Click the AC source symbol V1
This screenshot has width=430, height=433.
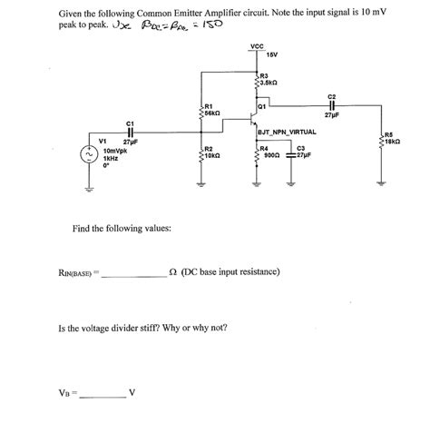[x=88, y=155]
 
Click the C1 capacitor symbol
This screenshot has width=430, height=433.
[x=130, y=132]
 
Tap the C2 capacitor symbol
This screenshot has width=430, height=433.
[x=331, y=103]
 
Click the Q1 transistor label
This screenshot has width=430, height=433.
[x=262, y=105]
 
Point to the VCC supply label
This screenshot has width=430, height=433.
[x=255, y=46]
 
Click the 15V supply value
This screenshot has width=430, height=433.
[x=272, y=55]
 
